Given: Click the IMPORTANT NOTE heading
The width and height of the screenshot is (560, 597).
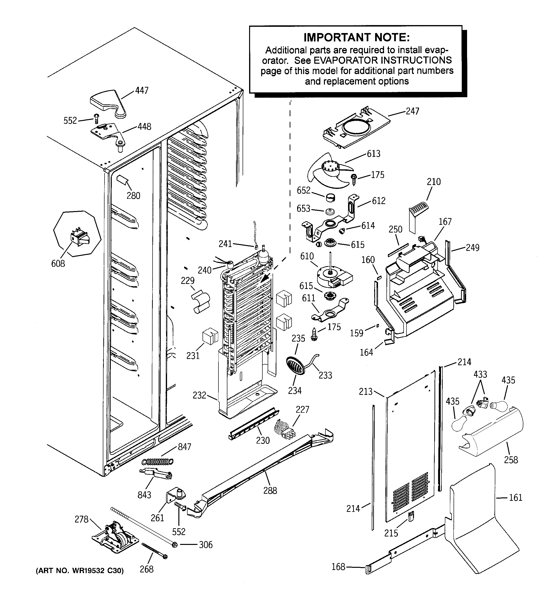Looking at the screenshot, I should coord(357,38).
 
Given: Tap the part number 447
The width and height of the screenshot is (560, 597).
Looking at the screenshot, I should coord(142,90).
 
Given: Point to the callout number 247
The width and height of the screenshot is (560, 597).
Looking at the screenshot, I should coord(413,111).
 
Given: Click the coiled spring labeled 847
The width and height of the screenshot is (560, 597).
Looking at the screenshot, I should coord(158,461).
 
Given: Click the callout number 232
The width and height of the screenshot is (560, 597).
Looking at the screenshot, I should coord(199,395).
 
